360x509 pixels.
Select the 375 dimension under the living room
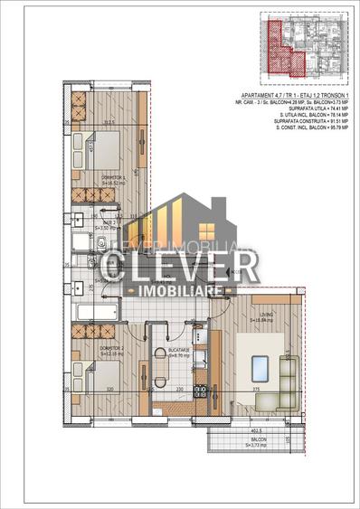click(x=256, y=390)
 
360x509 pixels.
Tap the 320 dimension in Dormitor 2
click(x=109, y=390)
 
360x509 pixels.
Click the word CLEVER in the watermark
click(x=180, y=266)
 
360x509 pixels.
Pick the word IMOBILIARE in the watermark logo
click(x=180, y=294)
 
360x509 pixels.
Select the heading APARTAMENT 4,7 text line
click(x=290, y=95)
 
